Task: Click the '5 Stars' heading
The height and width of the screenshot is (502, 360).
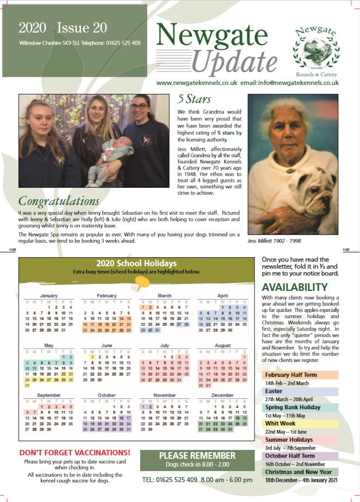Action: (194, 99)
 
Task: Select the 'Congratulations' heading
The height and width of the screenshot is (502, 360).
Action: (59, 201)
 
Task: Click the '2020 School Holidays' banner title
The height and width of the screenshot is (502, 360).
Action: (136, 264)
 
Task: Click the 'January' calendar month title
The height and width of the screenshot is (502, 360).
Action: (49, 296)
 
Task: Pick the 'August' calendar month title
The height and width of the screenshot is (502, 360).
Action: (222, 345)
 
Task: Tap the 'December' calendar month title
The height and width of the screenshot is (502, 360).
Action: (223, 395)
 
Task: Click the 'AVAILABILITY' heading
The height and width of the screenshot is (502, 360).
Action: (295, 287)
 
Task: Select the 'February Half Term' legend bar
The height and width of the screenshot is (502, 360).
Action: (300, 375)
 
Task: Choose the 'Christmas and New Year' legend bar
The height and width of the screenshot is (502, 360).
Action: (300, 472)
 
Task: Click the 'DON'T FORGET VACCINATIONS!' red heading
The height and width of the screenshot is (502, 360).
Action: (75, 452)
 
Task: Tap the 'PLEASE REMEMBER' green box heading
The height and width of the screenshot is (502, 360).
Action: (197, 455)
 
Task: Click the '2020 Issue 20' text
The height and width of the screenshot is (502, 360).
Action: (62, 28)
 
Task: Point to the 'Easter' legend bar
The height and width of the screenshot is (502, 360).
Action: (300, 391)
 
